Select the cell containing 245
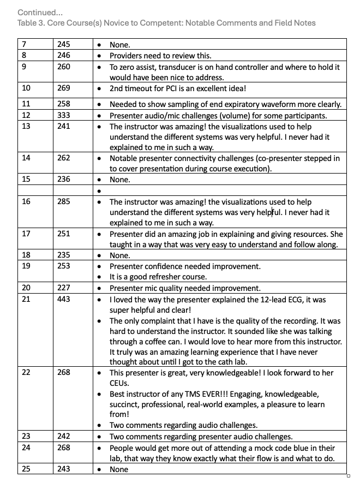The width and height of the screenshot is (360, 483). coord(64,44)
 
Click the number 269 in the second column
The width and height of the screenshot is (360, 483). coord(64,88)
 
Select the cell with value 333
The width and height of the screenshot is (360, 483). coord(64,115)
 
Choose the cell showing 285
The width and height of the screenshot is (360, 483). coord(64,202)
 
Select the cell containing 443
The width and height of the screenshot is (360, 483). coord(64,299)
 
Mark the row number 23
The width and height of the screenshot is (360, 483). coord(26,436)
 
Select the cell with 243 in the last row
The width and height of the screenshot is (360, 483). coord(64,469)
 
